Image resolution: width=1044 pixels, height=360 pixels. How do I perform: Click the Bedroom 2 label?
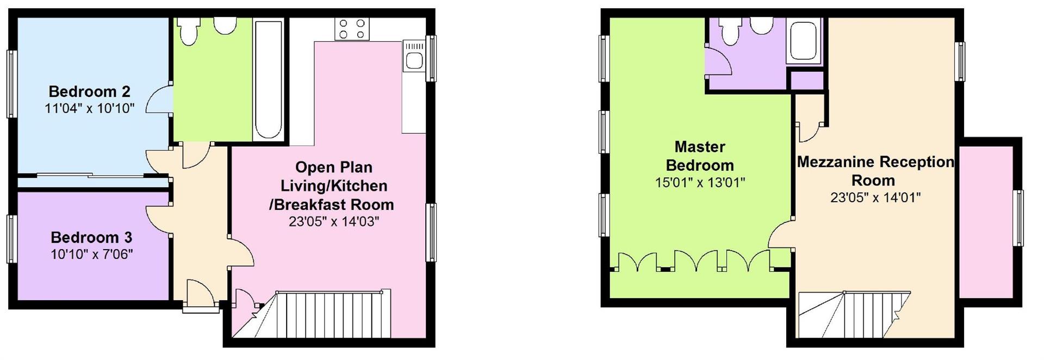pos(89,91)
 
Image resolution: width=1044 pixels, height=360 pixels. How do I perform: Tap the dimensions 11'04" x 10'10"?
pos(89,108)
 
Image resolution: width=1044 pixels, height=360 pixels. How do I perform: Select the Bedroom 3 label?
pos(91,238)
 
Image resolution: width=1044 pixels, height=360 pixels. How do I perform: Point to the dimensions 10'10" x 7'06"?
pos(91,254)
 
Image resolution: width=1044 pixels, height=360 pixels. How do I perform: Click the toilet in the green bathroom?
pos(189,32)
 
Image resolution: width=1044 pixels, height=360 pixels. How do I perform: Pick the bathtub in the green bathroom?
pos(268,80)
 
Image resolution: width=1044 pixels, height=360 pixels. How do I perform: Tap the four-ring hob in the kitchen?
pos(352,29)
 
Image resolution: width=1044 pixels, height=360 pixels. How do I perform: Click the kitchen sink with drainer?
pos(414,57)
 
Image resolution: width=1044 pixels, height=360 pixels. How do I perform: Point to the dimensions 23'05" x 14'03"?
pos(334,221)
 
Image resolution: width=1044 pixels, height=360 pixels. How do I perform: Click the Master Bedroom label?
pos(700,156)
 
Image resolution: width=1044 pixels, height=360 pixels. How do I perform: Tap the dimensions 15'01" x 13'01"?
pos(700,183)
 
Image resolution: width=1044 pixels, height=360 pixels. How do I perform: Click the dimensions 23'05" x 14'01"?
pos(875,197)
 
